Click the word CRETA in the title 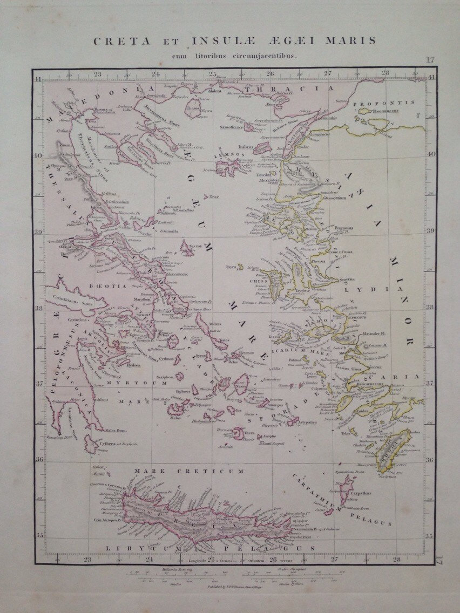(x=113, y=41)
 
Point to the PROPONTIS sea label (x=383, y=102)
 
